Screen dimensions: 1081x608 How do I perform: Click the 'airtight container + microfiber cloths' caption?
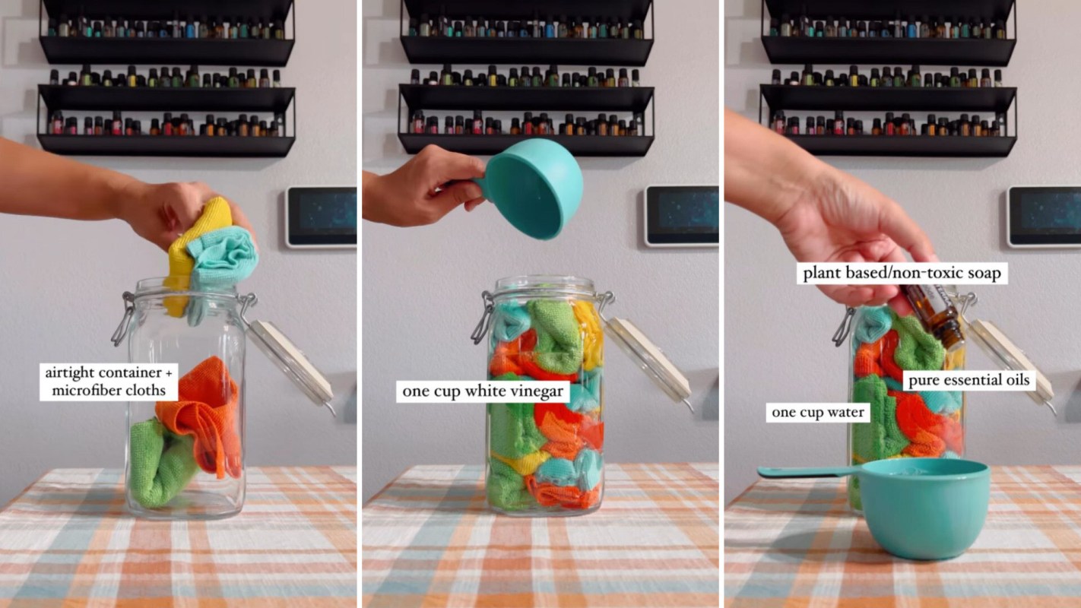(x=109, y=382)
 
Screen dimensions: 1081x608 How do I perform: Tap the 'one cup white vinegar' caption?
(x=483, y=391)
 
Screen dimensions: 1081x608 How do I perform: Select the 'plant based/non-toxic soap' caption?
(x=902, y=273)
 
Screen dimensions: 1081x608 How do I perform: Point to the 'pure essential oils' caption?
(x=969, y=380)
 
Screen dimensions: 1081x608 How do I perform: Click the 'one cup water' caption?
(x=818, y=412)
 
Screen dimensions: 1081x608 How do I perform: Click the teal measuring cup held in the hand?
(x=531, y=188)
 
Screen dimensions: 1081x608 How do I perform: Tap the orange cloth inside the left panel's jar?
(x=204, y=415)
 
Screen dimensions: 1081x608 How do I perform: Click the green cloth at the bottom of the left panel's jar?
(x=159, y=464)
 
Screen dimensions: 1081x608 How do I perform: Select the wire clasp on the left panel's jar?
(x=123, y=318)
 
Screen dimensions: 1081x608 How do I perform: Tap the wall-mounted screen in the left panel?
(x=321, y=217)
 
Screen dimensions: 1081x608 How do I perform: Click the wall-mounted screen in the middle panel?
(x=681, y=216)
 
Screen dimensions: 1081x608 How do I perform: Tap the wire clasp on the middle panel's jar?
(x=483, y=318)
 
